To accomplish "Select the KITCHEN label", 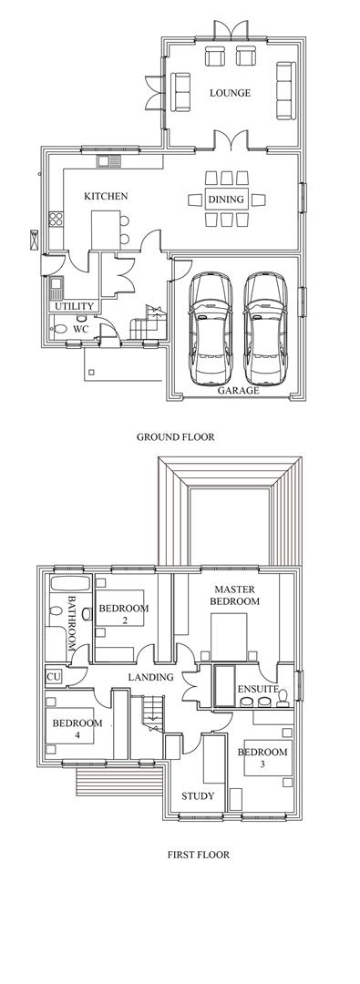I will [x=106, y=196].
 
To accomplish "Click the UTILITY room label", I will [x=74, y=306].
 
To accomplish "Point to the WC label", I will [x=80, y=329].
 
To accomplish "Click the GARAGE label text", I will [x=238, y=390].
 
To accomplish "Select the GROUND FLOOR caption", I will [x=176, y=436].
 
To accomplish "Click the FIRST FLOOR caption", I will [x=197, y=855].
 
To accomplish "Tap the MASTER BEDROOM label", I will [x=235, y=596].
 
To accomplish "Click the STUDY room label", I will [x=198, y=795].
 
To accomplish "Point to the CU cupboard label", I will [x=53, y=677].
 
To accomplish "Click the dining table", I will [x=226, y=198].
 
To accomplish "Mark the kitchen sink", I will [x=109, y=162].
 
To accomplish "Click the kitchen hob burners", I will [x=56, y=219].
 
